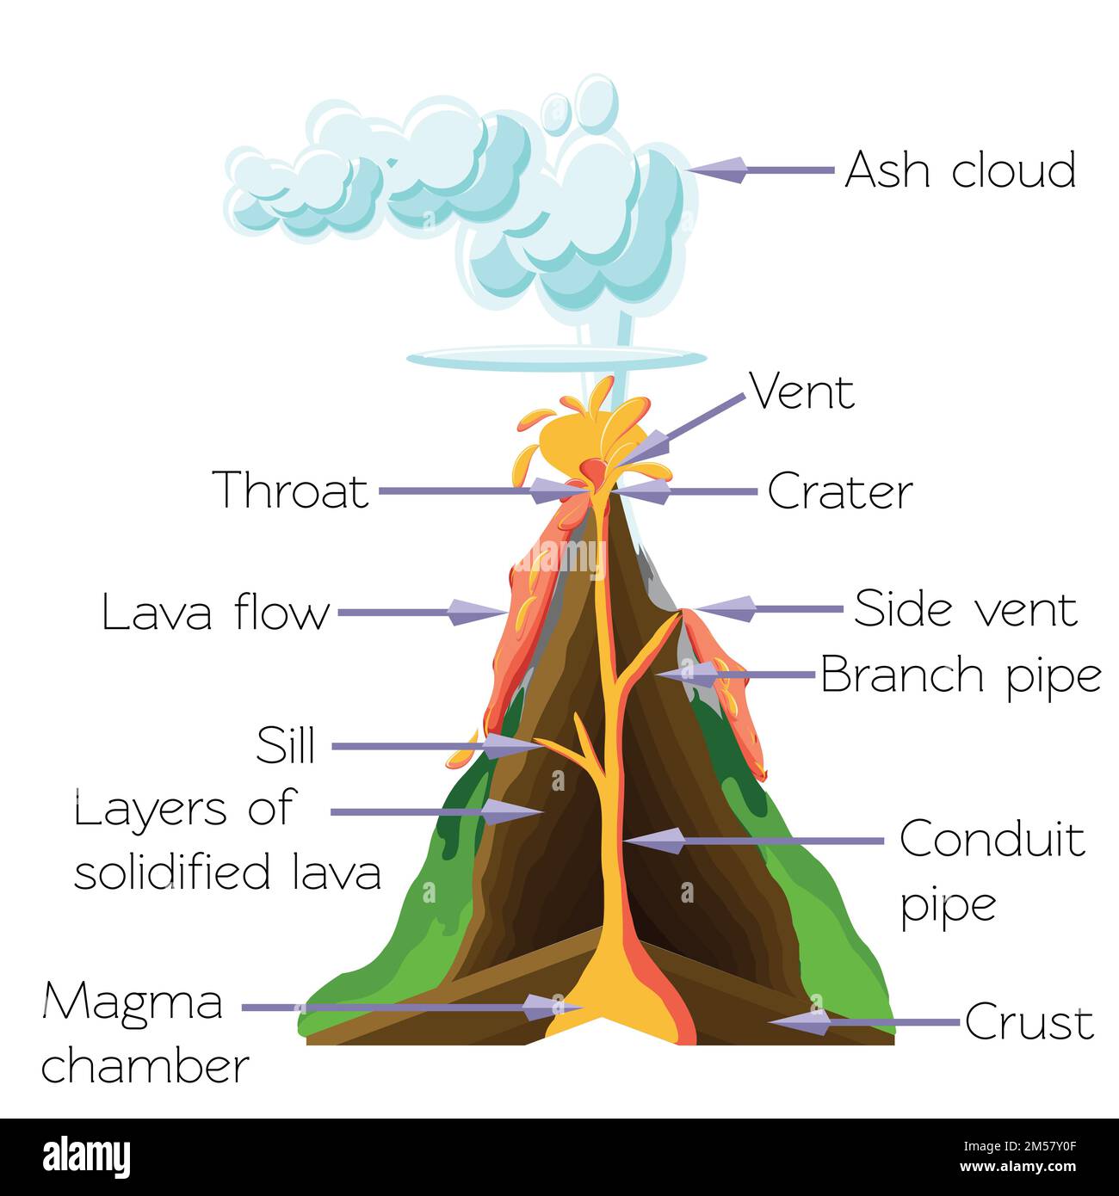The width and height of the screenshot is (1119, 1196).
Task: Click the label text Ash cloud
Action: (x=960, y=170)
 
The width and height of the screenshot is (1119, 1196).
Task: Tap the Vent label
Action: (x=802, y=392)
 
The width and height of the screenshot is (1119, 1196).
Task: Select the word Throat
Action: (x=291, y=490)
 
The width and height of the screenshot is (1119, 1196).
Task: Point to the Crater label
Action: (x=839, y=492)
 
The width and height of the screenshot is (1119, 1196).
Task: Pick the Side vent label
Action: (x=965, y=609)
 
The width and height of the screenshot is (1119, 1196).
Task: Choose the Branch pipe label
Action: (x=961, y=675)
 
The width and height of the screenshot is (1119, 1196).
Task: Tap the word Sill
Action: (x=286, y=745)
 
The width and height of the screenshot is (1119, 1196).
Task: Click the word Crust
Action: (x=1029, y=1023)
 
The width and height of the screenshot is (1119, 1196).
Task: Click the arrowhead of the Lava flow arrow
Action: (x=476, y=613)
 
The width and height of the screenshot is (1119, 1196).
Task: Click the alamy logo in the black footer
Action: (x=87, y=1156)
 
